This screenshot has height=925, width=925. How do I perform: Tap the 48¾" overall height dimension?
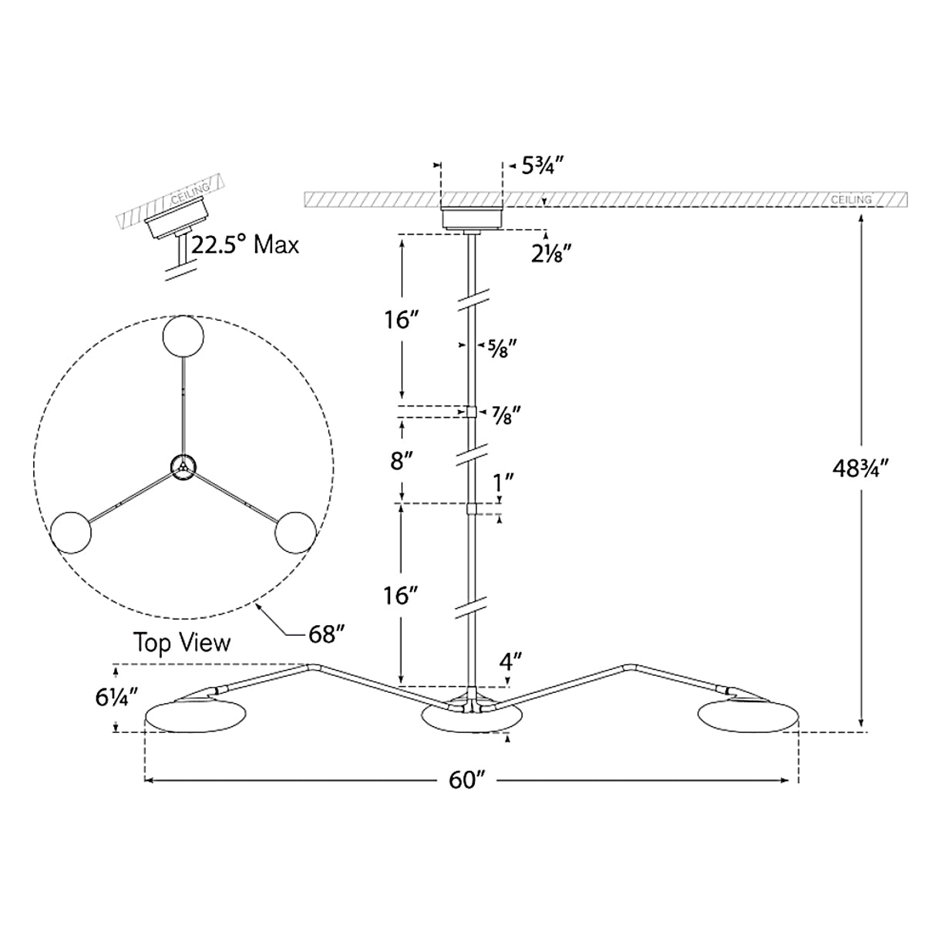861,469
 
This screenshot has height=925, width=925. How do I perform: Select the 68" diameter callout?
328,635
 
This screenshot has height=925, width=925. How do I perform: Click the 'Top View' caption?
182,643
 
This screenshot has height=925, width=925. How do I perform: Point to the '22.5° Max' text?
245,245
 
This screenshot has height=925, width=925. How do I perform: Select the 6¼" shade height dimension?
116,698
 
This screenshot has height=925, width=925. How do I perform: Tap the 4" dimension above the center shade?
510,662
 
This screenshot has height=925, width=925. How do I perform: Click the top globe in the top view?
183,337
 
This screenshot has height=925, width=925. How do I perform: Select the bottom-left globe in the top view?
71,533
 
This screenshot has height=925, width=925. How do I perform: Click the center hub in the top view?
183,467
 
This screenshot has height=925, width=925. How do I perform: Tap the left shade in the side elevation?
197,715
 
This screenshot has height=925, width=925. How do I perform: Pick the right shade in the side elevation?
749,715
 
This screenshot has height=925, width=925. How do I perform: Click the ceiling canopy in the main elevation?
472,218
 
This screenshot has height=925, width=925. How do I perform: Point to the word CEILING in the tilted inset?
191,193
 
